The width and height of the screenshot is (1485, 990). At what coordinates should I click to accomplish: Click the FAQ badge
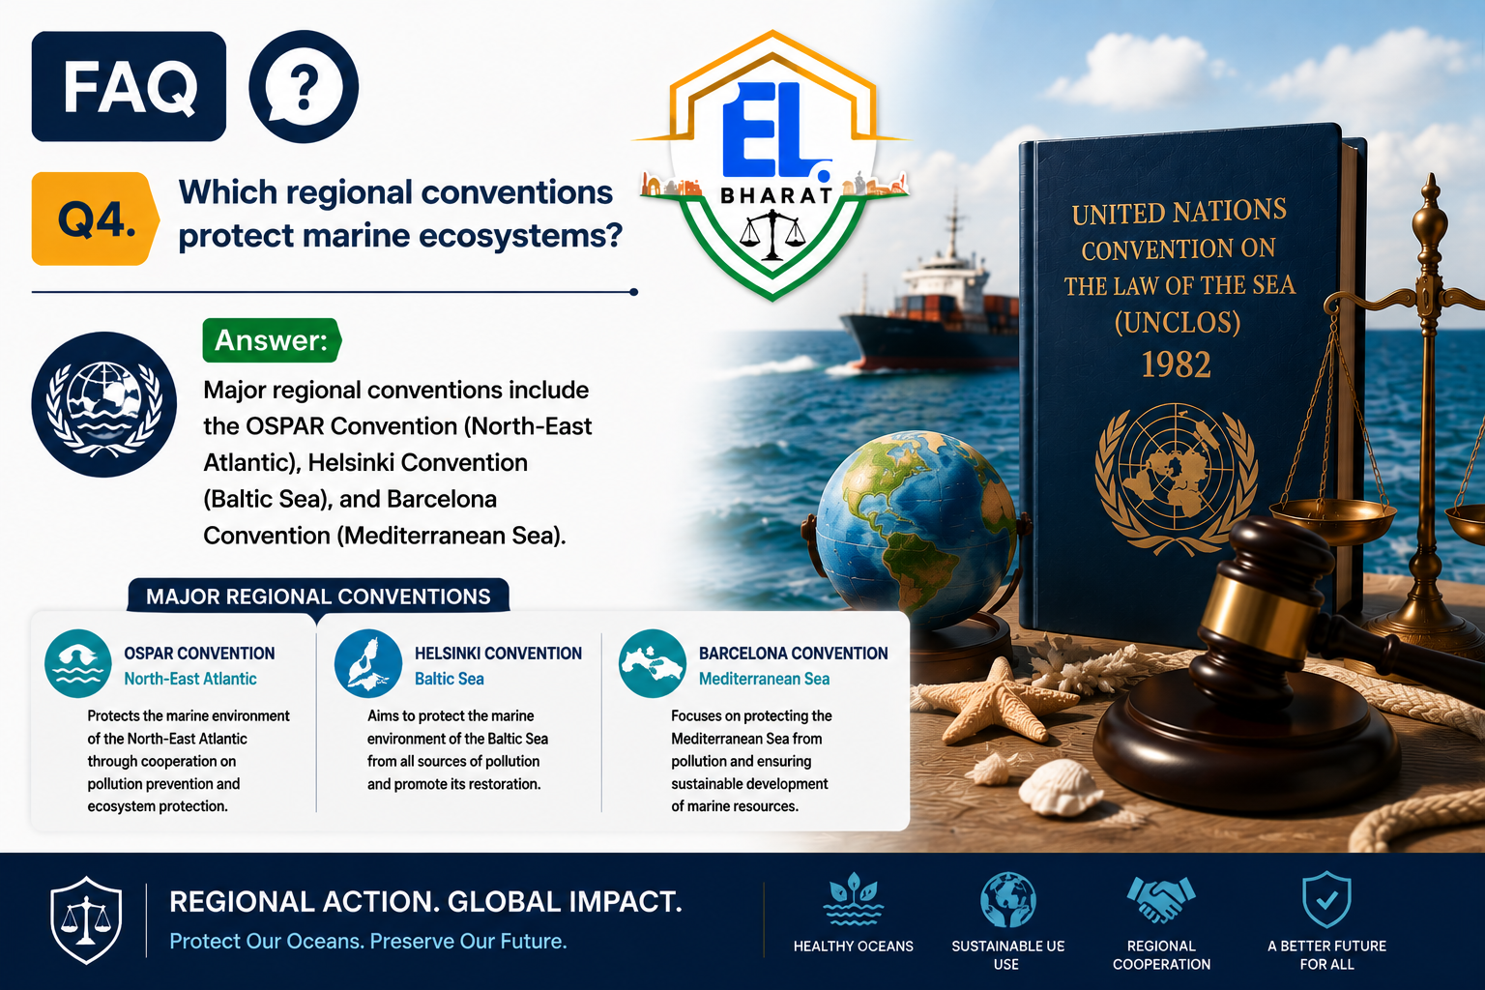click(x=129, y=86)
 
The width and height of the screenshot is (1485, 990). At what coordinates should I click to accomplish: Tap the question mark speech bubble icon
click(x=304, y=86)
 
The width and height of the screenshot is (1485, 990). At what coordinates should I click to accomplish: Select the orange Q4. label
click(x=96, y=218)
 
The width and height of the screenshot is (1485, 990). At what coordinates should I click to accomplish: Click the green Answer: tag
click(x=272, y=340)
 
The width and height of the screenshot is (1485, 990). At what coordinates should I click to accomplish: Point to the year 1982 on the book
click(x=1176, y=364)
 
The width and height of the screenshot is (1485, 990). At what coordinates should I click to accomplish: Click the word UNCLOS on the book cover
click(x=1178, y=323)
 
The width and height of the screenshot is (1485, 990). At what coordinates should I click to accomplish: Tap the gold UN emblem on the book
click(x=1176, y=479)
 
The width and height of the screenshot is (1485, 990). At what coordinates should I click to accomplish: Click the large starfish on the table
click(x=995, y=702)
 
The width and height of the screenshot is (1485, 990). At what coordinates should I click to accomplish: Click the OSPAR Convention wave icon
click(x=78, y=663)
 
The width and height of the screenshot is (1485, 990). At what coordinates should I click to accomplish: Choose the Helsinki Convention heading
click(x=498, y=654)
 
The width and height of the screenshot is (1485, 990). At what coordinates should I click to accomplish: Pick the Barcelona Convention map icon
click(x=653, y=663)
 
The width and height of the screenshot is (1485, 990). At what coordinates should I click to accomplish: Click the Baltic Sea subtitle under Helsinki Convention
click(x=449, y=679)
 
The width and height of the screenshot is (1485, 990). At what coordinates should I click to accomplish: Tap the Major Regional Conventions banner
click(x=318, y=597)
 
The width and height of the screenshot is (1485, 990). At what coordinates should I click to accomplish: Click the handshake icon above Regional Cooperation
click(x=1161, y=898)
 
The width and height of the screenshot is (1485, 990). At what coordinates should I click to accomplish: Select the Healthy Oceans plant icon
click(x=854, y=899)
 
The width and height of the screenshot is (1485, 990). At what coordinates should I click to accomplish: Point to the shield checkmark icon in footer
click(x=1325, y=899)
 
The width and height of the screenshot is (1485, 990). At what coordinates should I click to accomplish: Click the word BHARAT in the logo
click(x=775, y=195)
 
